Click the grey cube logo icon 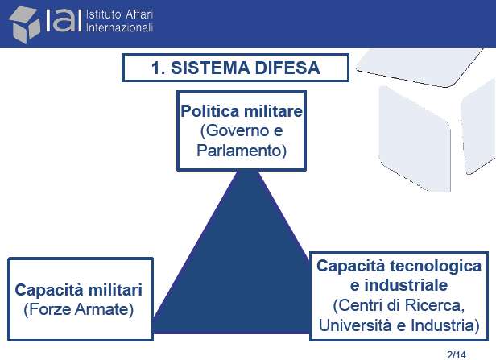pyautogui.click(x=25, y=25)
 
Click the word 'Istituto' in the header pyautogui.click(x=103, y=14)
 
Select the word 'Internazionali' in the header pyautogui.click(x=119, y=27)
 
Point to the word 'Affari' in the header pyautogui.click(x=139, y=14)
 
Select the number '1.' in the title pyautogui.click(x=158, y=68)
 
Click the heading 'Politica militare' pyautogui.click(x=242, y=111)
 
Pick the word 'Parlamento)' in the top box pyautogui.click(x=242, y=151)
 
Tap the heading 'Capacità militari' pyautogui.click(x=78, y=290)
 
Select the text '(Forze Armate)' pyautogui.click(x=78, y=309)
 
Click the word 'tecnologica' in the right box pyautogui.click(x=436, y=266)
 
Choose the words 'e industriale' pyautogui.click(x=399, y=285)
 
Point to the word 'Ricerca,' pyautogui.click(x=435, y=305)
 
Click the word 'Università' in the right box pyautogui.click(x=355, y=325)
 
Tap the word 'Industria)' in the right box pyautogui.click(x=445, y=325)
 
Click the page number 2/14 pyautogui.click(x=457, y=354)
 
